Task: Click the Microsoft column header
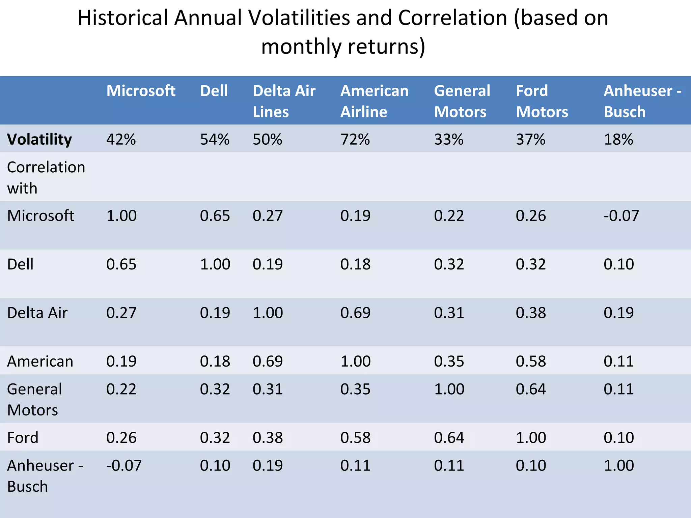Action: [141, 91]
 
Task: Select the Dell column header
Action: [214, 91]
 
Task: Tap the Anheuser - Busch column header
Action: [642, 101]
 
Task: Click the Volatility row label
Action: [39, 139]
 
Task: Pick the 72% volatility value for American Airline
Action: [355, 139]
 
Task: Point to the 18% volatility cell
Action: [618, 139]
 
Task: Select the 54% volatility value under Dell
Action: [215, 139]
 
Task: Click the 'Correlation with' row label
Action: [46, 177]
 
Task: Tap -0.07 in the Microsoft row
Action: [621, 216]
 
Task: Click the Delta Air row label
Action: [37, 313]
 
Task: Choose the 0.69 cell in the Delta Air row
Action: [355, 313]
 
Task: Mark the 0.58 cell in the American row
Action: [531, 362]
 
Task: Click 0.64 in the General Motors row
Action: [531, 389]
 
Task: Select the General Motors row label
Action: [34, 399]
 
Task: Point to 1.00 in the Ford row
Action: [531, 438]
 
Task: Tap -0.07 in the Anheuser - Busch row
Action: [124, 465]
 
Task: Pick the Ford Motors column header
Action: [542, 101]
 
